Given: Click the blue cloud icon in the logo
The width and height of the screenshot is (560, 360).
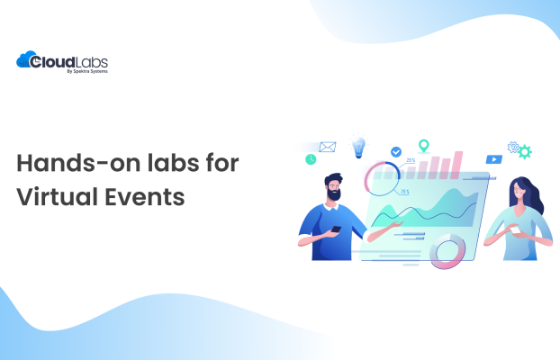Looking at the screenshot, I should [x=26, y=61].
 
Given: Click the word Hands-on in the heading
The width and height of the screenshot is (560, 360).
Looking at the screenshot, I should [x=76, y=164].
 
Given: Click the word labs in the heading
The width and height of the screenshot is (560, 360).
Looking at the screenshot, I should [x=182, y=164].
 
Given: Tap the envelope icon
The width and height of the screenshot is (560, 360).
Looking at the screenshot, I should [x=327, y=147].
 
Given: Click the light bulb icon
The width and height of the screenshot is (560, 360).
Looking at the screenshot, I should [x=359, y=147].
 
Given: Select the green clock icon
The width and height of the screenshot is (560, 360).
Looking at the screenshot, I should [x=311, y=159].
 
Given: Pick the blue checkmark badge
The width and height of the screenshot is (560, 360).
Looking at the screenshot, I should [x=394, y=153].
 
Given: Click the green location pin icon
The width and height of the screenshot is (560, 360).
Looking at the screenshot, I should [x=422, y=145].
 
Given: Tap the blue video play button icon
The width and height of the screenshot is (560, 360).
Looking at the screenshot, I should [x=493, y=159].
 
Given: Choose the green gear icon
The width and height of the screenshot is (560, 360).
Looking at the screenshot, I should [x=524, y=152].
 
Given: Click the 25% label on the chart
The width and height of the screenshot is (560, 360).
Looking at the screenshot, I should [x=410, y=160].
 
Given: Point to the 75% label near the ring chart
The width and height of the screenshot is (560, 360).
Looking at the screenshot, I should [x=404, y=192].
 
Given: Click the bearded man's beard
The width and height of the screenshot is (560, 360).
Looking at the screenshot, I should [x=334, y=193].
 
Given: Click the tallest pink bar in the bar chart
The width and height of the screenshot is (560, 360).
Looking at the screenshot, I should [x=457, y=163].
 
